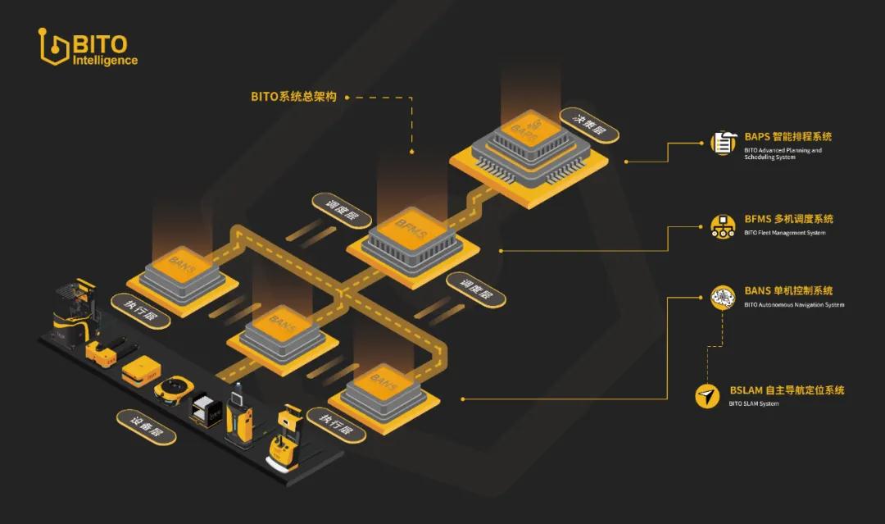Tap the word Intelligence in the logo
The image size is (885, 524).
(105, 61)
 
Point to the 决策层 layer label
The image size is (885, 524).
(590, 125)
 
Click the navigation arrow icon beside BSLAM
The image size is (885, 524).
(707, 396)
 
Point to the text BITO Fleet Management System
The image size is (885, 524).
(784, 233)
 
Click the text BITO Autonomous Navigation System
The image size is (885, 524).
(794, 305)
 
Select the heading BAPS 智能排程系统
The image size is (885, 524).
(788, 137)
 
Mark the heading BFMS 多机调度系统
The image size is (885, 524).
(789, 219)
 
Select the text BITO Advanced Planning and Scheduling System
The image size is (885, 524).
(783, 153)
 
